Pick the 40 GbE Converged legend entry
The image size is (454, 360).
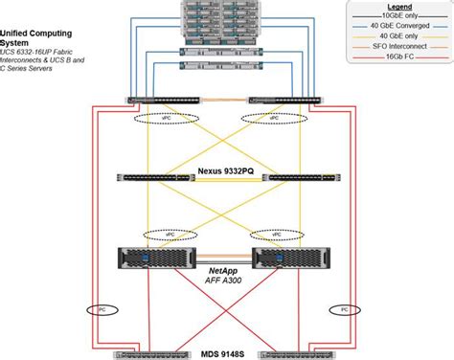pos(408,27)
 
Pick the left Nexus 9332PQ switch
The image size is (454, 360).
pos(154,179)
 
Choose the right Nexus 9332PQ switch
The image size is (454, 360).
pos(301,179)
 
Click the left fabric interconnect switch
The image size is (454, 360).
pos(164,99)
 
